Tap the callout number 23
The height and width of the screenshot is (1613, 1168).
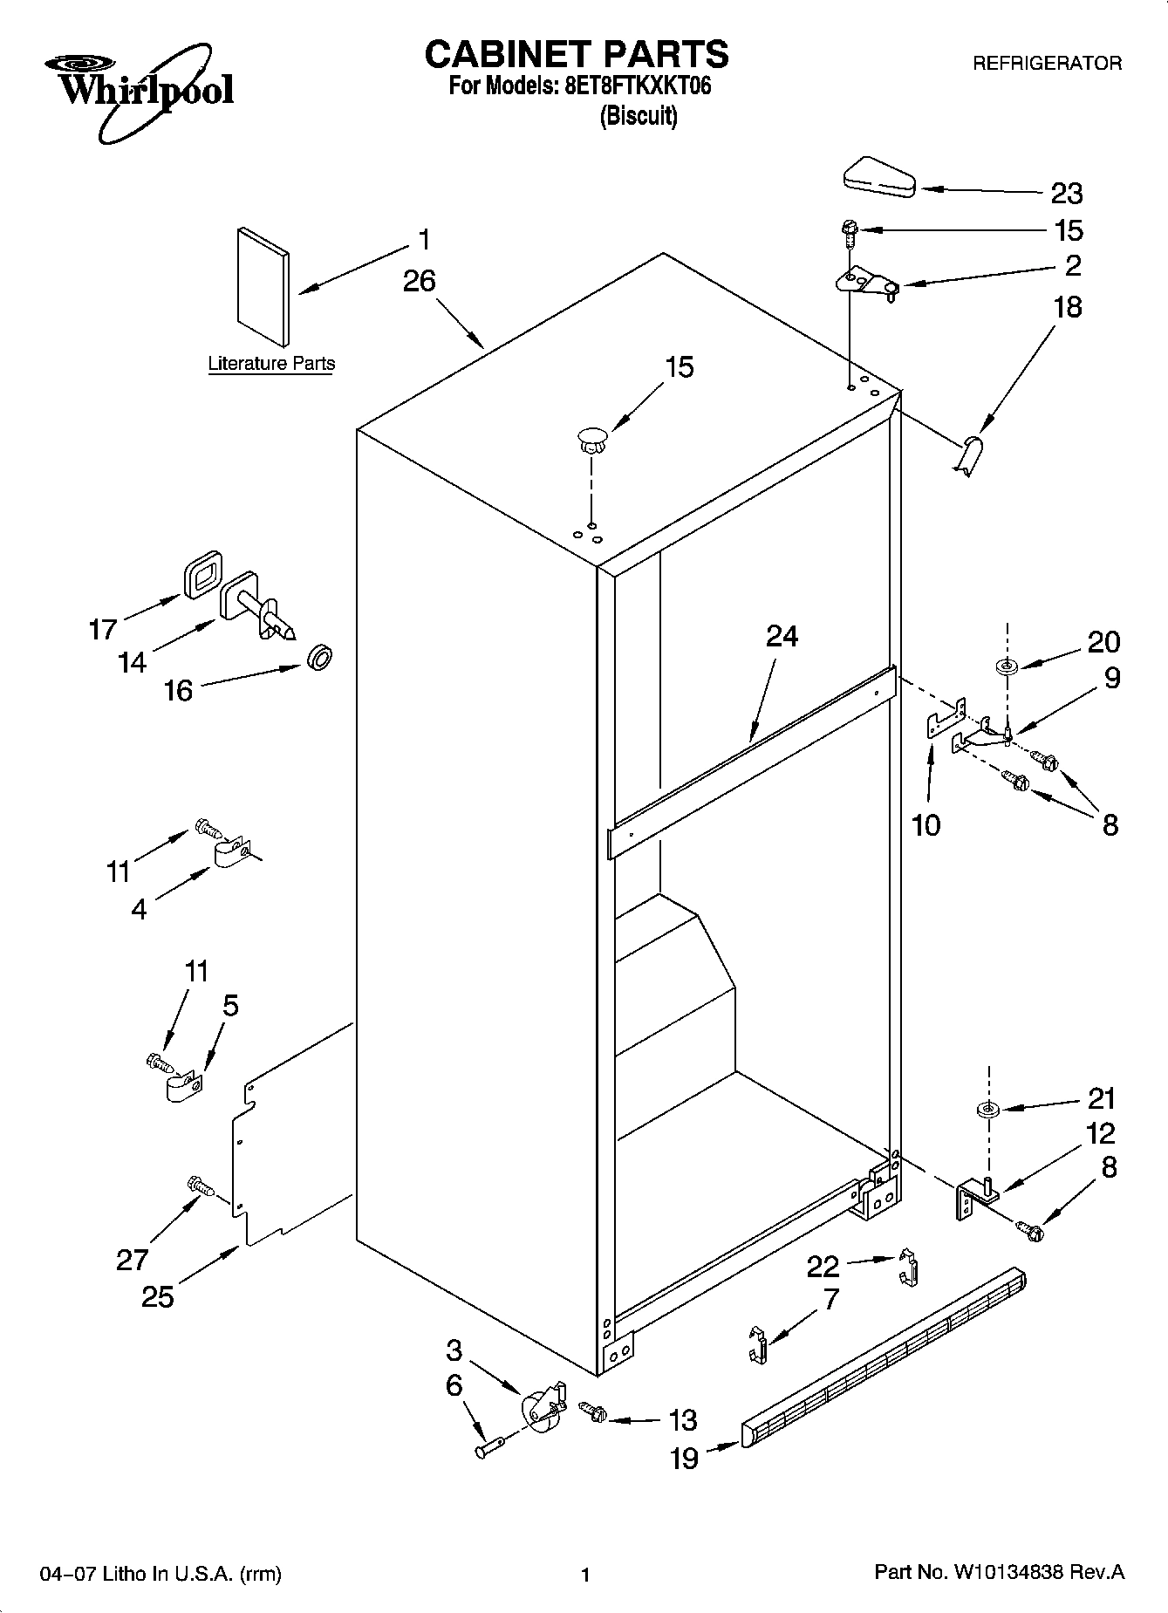pos(1066,194)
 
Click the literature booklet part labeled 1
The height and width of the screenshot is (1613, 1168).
pos(262,287)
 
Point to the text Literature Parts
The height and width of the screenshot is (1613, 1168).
pos(271,364)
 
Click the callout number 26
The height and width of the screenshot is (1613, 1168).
pos(420,282)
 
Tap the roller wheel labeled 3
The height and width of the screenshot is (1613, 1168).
pos(540,1407)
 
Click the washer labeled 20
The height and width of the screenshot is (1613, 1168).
pos(1007,667)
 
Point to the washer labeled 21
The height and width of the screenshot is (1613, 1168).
pos(988,1110)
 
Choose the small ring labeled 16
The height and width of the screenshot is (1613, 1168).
pos(320,657)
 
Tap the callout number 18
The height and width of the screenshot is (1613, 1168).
pos(1067,307)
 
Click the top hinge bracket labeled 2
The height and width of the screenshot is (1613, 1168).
pos(865,282)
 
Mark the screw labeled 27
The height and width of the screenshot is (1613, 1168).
pos(200,1186)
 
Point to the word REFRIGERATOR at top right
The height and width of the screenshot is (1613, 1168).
pos(1047,64)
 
